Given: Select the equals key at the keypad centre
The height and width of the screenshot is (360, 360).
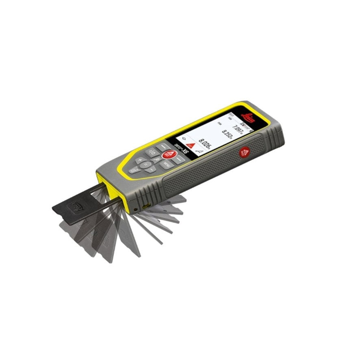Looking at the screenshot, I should tap(157, 160).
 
